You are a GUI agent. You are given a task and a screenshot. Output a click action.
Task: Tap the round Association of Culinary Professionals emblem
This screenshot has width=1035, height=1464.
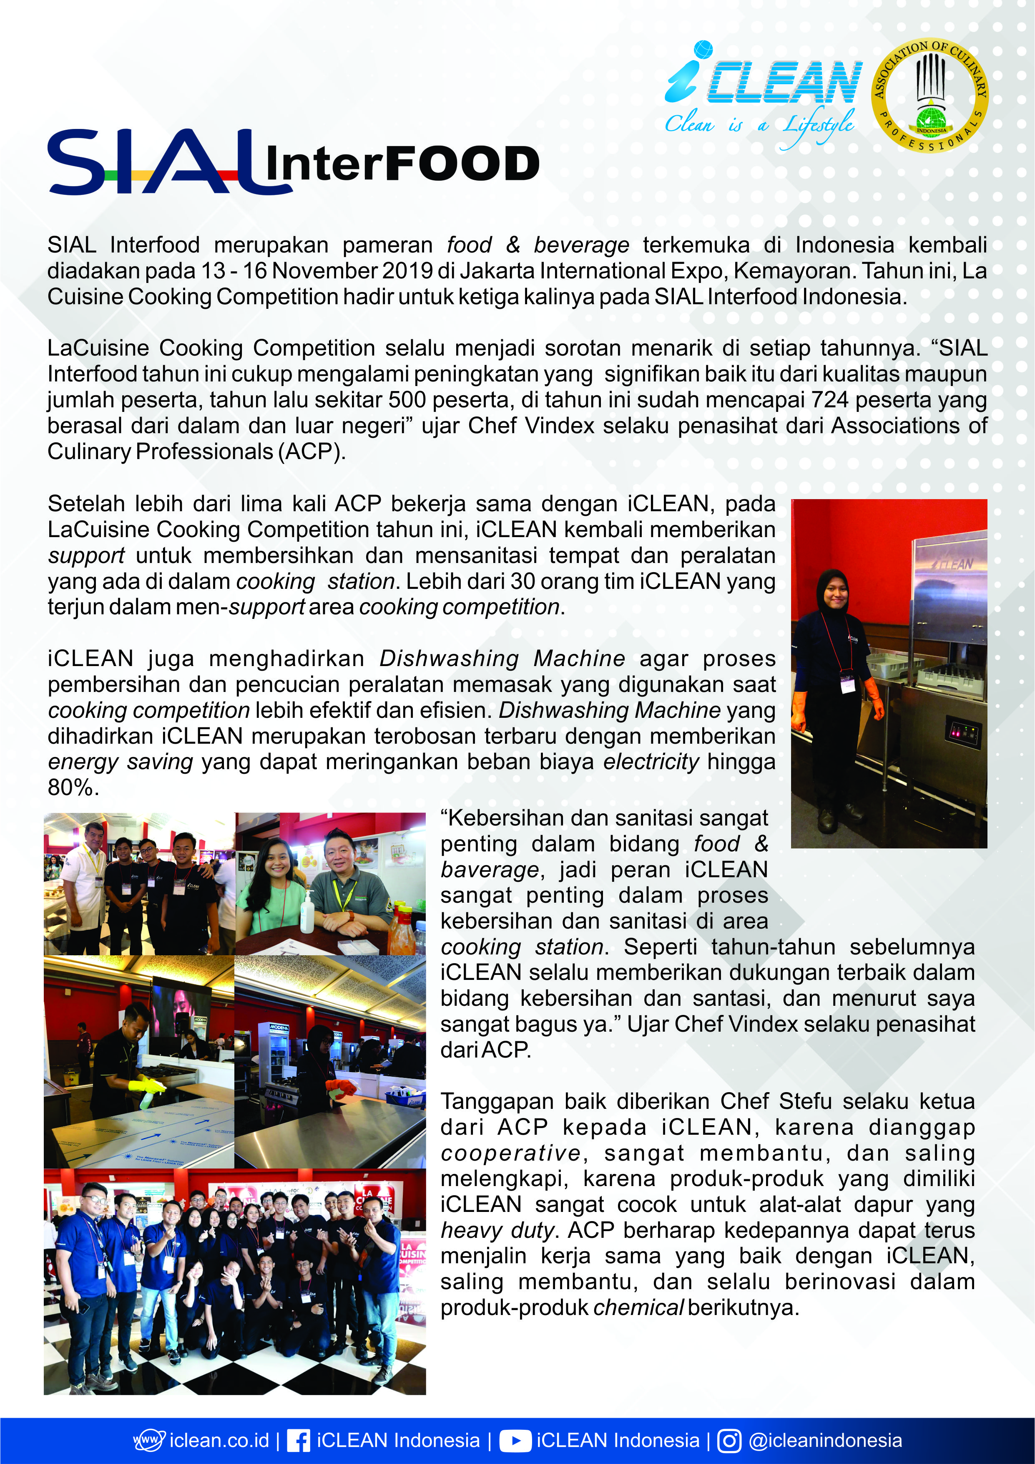click(x=930, y=96)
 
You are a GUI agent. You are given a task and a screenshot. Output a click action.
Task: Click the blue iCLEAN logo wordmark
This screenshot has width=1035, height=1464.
click(x=765, y=80)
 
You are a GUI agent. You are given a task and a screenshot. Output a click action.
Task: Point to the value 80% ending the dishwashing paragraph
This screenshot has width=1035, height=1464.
click(x=70, y=788)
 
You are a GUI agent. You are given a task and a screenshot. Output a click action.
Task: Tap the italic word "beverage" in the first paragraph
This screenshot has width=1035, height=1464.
click(x=581, y=245)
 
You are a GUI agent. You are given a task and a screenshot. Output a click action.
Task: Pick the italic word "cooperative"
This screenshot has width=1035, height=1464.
click(x=510, y=1153)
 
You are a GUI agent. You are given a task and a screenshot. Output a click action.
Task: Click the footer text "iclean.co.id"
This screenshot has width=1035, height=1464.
click(x=219, y=1440)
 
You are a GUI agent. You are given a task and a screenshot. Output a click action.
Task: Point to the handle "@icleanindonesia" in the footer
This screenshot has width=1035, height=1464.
click(x=825, y=1440)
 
